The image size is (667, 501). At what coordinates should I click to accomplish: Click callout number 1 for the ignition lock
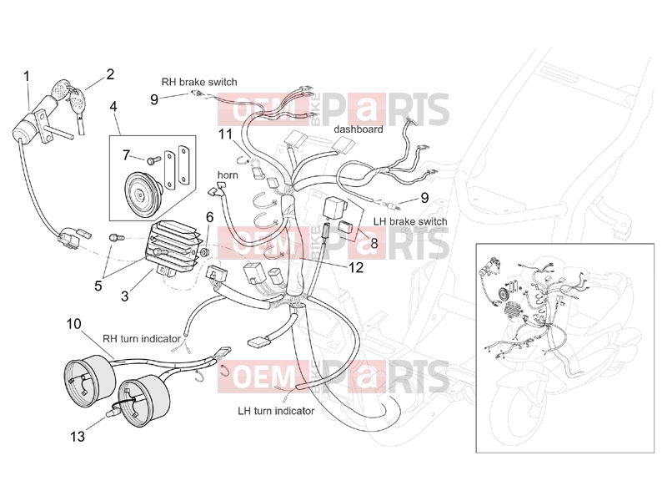[27, 77]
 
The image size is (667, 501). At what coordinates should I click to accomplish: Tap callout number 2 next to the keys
[110, 74]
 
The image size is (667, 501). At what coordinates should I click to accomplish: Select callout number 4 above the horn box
[113, 106]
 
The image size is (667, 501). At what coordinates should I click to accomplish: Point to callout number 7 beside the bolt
[126, 155]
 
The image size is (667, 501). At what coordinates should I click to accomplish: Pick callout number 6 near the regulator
[210, 217]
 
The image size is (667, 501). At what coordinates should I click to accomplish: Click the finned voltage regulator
[173, 247]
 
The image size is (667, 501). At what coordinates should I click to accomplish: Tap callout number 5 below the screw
[98, 286]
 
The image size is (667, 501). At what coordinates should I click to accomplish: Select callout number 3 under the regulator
[124, 296]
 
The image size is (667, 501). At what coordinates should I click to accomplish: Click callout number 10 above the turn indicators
[73, 324]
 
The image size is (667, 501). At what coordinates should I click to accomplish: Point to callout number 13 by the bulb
[78, 436]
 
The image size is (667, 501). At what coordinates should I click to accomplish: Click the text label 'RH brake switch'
[199, 82]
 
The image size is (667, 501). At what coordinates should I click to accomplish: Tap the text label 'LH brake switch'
[410, 221]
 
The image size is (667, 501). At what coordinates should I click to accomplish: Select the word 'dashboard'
[359, 129]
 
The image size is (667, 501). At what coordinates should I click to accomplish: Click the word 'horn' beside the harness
[228, 175]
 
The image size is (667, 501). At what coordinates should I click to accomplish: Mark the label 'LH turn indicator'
[276, 411]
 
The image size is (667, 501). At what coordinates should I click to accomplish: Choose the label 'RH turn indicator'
[142, 339]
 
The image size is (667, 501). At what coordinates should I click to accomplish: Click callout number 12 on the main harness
[356, 267]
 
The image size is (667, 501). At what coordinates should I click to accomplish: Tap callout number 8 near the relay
[374, 243]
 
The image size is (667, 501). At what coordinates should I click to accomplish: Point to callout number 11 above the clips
[225, 134]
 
